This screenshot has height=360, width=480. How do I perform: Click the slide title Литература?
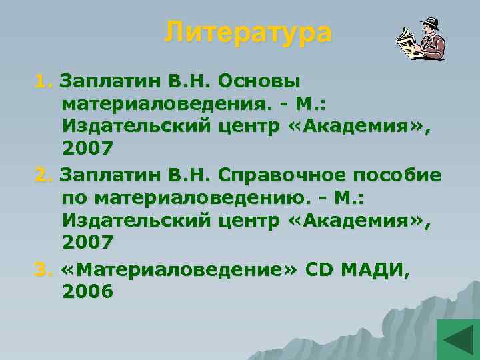tap(248, 32)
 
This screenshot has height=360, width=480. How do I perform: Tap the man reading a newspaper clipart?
tap(421, 41)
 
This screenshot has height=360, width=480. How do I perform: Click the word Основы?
tap(262, 81)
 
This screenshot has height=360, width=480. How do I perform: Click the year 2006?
tap(87, 293)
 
